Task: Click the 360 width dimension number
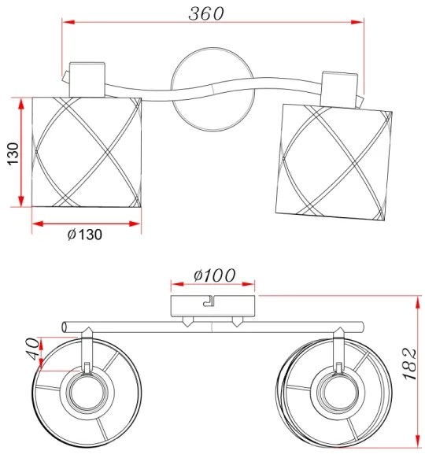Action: pos(206,13)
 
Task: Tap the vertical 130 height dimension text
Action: pos(13,154)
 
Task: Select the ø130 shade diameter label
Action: pos(85,235)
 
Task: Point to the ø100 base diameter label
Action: pos(214,275)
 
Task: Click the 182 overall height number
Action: pos(410,364)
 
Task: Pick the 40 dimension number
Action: pos(32,349)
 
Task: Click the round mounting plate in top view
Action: pos(213,90)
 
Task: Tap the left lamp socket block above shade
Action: pos(87,79)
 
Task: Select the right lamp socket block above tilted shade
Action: pos(339,90)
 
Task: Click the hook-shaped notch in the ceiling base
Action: pos(209,301)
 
